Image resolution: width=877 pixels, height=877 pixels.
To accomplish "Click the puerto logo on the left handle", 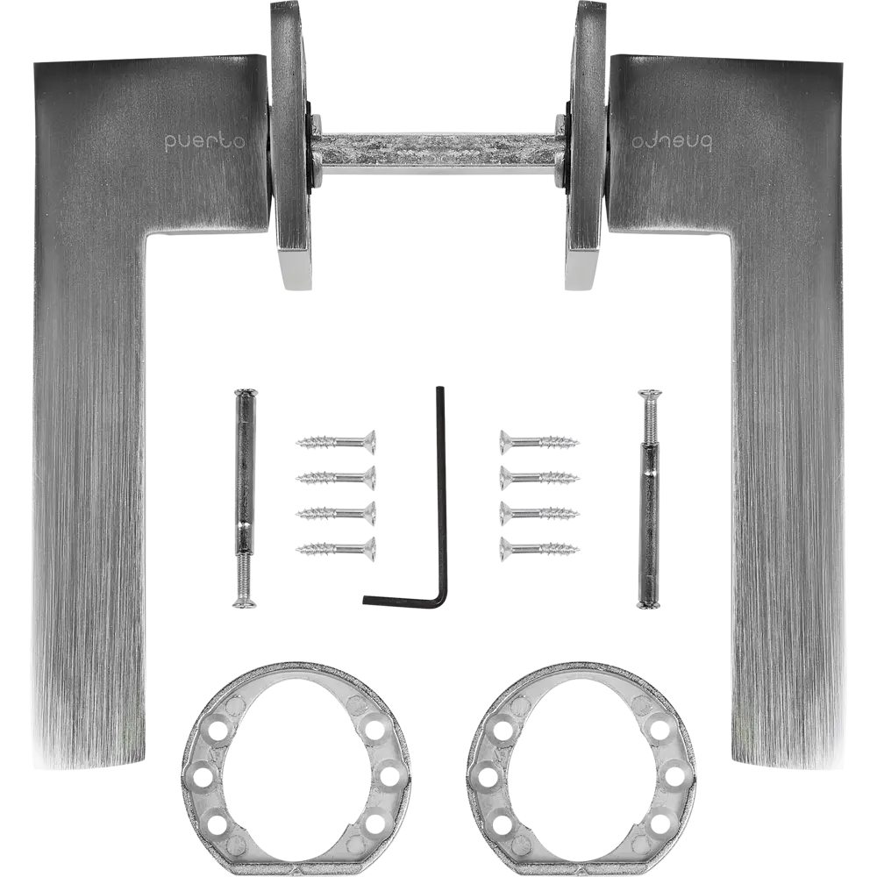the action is coord(204,141).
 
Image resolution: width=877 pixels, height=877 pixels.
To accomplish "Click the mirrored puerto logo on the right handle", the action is coord(672,141).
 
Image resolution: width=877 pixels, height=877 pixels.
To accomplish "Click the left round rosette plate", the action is coord(291,146).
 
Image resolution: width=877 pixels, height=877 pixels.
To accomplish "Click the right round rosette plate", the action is coord(586,146).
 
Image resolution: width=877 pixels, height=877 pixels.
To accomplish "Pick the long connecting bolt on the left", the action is coord(245,498).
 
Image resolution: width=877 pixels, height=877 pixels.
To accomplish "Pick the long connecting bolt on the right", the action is coord(649,499).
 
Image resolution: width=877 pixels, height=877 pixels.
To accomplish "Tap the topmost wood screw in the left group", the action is coord(336,442).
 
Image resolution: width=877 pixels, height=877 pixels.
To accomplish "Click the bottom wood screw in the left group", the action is coord(336,549).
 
